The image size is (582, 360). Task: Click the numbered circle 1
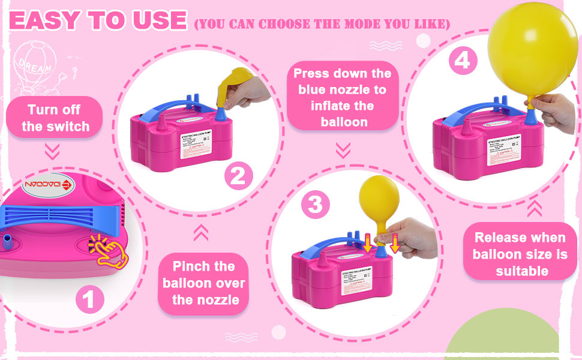[89, 298]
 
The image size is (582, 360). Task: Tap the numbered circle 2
[238, 176]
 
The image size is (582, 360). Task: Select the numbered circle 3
[315, 205]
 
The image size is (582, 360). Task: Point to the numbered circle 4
[461, 61]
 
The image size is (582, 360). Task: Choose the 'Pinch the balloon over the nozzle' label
[203, 283]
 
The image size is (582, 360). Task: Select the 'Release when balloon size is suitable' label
[520, 254]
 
